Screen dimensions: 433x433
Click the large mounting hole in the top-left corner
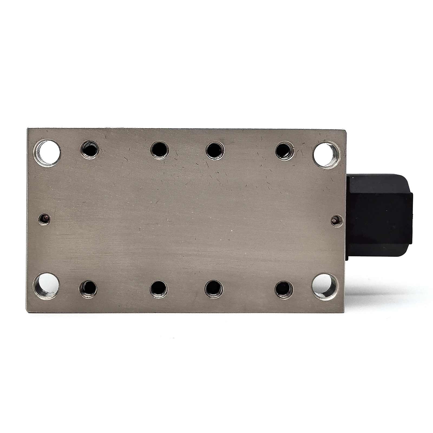click(47, 153)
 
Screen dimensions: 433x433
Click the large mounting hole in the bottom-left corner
click(46, 286)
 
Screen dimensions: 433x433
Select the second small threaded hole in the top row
click(160, 150)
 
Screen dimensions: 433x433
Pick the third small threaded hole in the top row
click(215, 150)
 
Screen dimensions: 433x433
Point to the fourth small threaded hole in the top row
click(284, 150)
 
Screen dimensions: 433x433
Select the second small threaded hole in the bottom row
click(159, 288)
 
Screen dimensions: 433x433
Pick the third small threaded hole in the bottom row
click(214, 289)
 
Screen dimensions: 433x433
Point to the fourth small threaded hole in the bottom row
click(284, 289)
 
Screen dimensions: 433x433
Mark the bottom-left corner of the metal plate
click(27, 311)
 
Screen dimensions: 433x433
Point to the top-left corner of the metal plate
click(28, 129)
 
